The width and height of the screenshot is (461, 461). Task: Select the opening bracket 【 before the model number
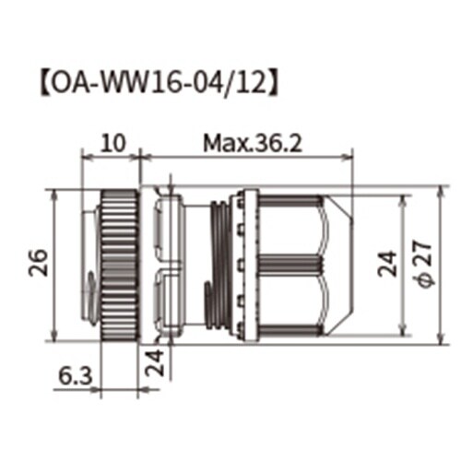pyautogui.click(x=40, y=80)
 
